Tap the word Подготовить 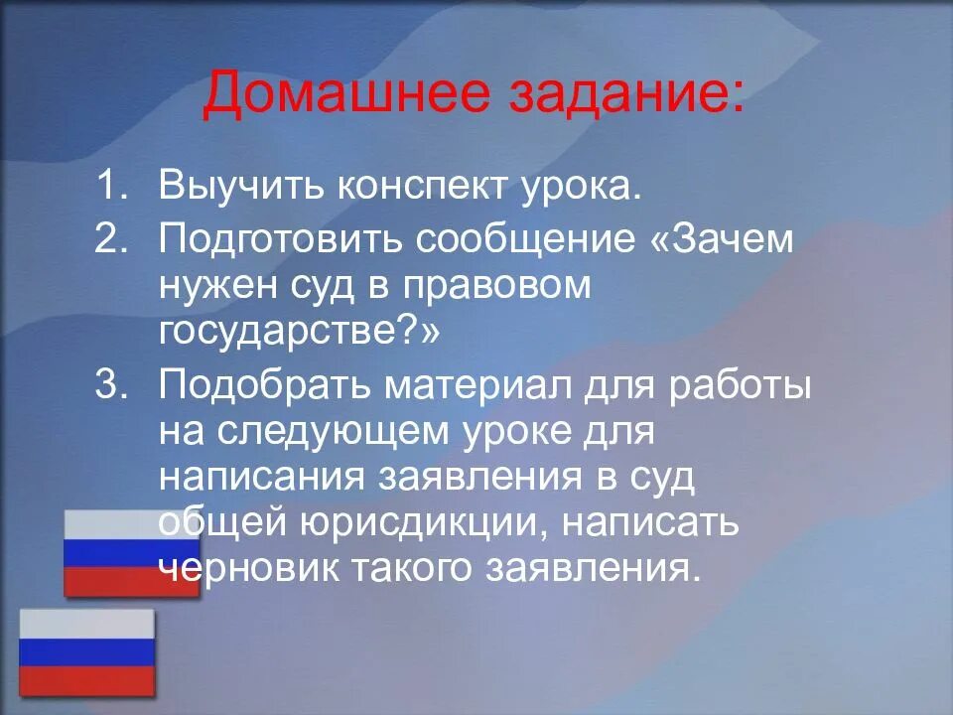280,239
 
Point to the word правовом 496,286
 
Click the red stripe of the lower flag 87,680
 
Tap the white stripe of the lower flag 87,624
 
